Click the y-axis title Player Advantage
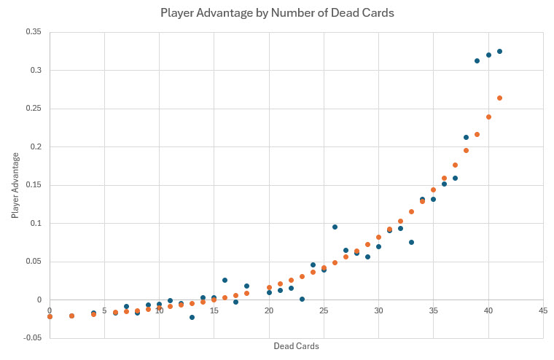click(x=15, y=185)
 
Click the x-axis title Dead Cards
click(x=296, y=345)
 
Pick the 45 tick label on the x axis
click(x=542, y=310)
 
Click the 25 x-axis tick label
click(x=324, y=310)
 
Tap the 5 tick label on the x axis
click(x=104, y=310)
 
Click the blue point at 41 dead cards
click(x=499, y=51)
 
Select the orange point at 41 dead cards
click(x=499, y=98)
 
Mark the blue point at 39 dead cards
click(x=477, y=60)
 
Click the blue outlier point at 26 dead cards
click(x=335, y=227)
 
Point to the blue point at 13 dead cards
click(x=192, y=317)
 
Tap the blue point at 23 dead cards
click(x=302, y=299)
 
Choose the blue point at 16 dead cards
click(x=225, y=280)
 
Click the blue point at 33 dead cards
click(x=411, y=242)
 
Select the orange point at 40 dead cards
click(x=488, y=117)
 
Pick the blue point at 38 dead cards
click(x=466, y=137)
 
